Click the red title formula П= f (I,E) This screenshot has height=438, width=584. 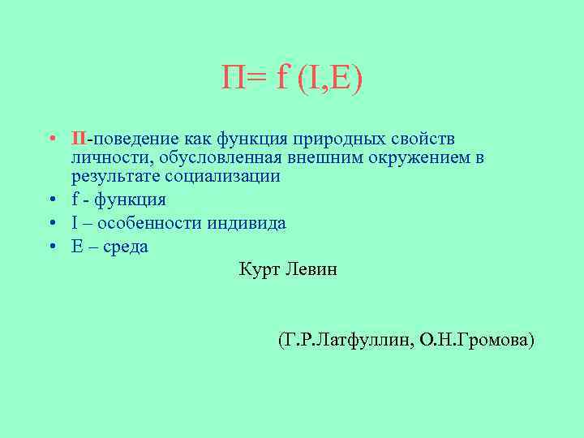click(292, 79)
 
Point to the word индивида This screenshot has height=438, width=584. click(250, 223)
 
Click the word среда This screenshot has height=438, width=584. click(124, 247)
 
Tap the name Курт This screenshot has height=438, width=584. click(259, 269)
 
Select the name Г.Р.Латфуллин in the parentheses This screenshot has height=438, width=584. click(346, 339)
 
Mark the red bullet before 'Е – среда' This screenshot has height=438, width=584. click(51, 247)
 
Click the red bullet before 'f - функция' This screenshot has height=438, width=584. click(51, 200)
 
